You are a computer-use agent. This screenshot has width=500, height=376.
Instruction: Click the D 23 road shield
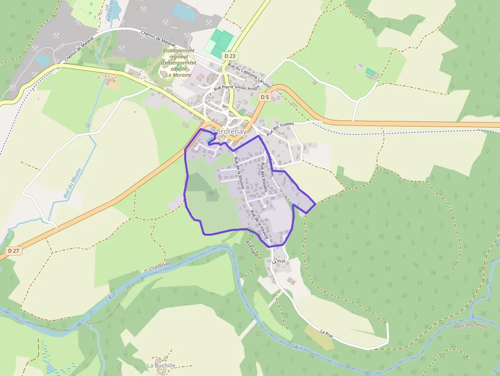click(231, 56)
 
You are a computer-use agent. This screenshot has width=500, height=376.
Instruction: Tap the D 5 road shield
click(264, 97)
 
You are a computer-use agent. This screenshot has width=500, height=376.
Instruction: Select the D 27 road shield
click(14, 251)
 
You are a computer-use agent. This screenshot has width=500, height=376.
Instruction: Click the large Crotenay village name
click(231, 132)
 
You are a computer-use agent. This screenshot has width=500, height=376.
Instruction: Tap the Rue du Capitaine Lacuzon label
click(249, 75)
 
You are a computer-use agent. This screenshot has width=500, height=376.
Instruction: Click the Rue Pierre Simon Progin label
click(237, 88)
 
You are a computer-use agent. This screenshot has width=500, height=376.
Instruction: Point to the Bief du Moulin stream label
click(70, 186)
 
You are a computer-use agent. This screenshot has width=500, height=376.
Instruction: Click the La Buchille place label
click(161, 365)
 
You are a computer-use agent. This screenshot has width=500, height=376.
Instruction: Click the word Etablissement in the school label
click(179, 51)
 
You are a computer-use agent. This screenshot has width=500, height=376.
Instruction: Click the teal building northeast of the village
click(370, 71)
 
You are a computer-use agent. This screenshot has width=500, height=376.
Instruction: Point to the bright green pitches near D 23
click(219, 42)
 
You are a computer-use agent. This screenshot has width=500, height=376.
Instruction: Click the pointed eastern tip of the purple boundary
click(316, 204)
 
